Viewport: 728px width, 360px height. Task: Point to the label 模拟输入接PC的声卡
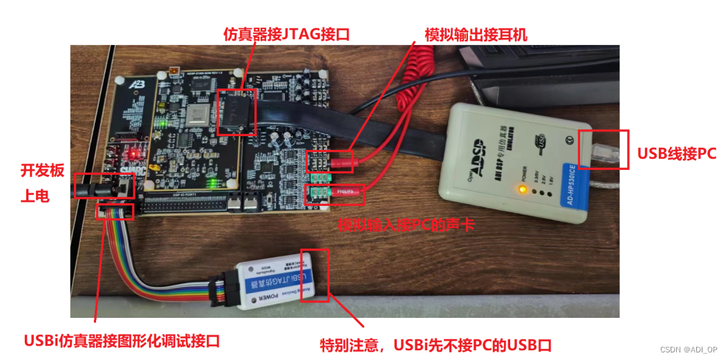[406, 225]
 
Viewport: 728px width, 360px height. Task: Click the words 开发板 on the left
[37, 170]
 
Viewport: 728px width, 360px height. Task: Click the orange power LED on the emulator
[523, 189]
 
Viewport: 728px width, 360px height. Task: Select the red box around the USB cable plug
[604, 149]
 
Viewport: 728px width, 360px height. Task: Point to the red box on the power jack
[102, 186]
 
